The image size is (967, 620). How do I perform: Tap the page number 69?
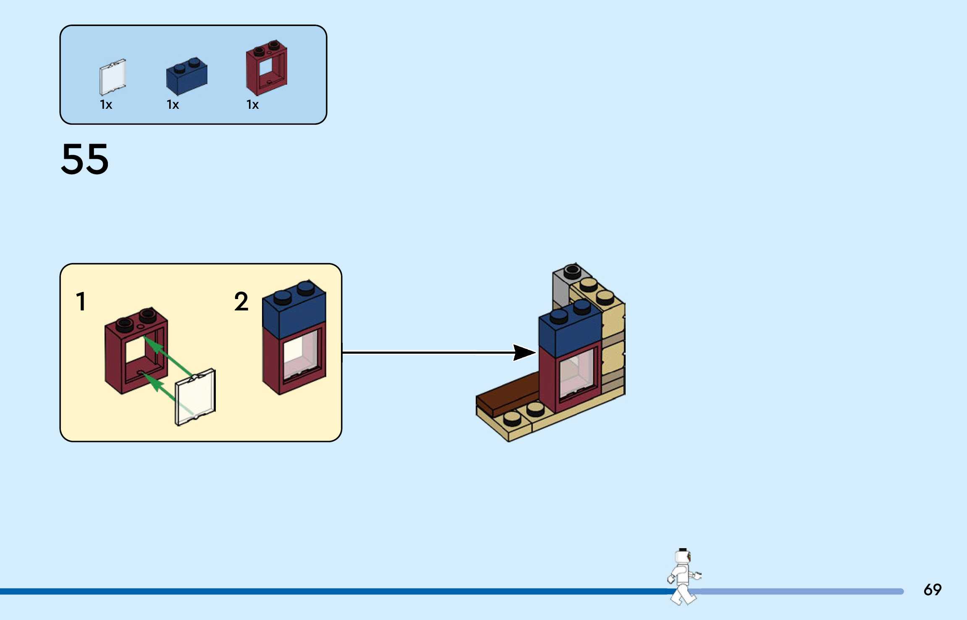[x=932, y=590]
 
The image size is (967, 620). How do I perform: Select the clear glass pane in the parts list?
[x=113, y=77]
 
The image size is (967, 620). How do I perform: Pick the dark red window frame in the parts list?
[x=267, y=68]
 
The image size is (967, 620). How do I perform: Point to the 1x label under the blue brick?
[x=173, y=105]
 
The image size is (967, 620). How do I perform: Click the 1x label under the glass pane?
[x=106, y=105]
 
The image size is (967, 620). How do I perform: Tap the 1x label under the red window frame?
[x=252, y=105]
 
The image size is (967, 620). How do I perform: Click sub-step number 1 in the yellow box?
[x=81, y=302]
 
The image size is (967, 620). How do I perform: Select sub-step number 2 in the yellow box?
[x=241, y=302]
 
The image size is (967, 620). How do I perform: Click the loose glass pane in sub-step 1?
[x=195, y=397]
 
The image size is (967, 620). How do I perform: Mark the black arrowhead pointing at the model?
[x=523, y=352]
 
